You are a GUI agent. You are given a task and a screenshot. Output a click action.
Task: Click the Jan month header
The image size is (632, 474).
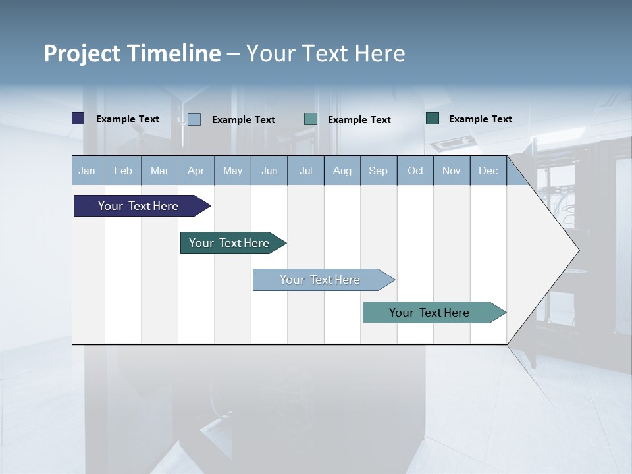click(x=87, y=171)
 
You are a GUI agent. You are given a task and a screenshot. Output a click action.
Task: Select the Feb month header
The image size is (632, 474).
click(x=123, y=171)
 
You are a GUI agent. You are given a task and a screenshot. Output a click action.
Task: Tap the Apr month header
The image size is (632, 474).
click(x=196, y=171)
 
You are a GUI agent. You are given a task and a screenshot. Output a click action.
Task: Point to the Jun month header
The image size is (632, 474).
click(x=269, y=171)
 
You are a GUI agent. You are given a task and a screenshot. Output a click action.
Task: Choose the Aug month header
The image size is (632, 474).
click(x=342, y=171)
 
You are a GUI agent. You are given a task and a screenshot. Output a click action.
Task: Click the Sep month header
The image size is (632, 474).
click(x=378, y=171)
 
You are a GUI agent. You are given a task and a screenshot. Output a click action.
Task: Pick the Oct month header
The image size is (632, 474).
click(x=415, y=171)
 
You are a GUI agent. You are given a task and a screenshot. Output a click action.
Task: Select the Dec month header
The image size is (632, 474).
click(x=488, y=171)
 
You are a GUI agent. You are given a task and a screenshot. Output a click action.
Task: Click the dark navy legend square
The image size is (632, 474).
click(x=78, y=118)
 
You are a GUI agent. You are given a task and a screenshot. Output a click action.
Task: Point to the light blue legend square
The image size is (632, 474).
click(x=194, y=119)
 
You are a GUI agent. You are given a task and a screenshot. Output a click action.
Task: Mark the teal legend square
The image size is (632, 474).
click(x=311, y=119)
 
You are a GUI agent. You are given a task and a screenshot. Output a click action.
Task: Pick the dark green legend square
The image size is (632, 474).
click(x=433, y=118)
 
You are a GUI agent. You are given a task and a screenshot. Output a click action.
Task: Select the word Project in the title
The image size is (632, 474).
click(x=82, y=53)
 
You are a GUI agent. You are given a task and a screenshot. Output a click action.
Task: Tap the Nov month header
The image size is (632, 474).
click(x=452, y=171)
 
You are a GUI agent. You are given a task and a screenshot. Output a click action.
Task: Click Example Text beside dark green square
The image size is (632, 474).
click(x=480, y=119)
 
